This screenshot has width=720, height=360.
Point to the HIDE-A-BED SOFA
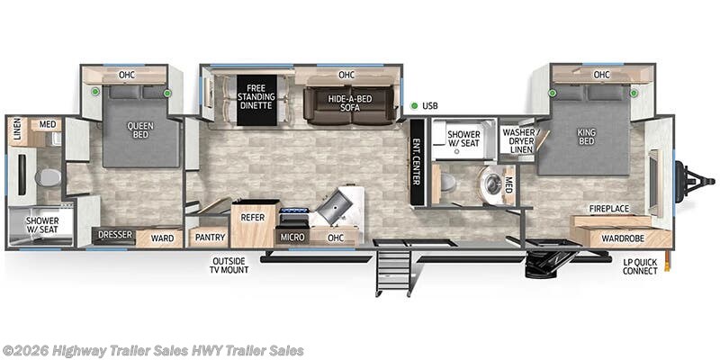349,103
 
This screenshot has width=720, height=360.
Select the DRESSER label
115,236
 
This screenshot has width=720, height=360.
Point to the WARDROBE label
623,238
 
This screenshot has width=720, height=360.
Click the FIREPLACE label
608,208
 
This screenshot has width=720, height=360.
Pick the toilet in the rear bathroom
48,177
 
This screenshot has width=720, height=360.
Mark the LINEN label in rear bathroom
16,131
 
